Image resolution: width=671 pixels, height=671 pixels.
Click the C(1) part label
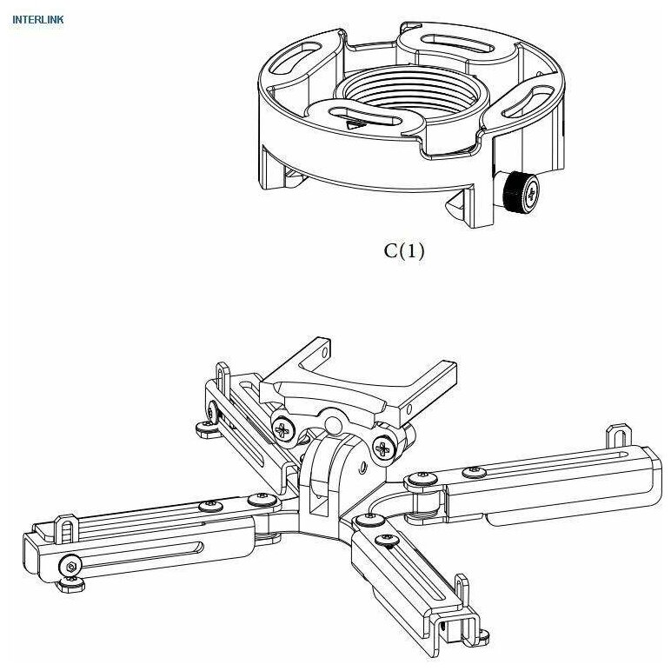point(404,252)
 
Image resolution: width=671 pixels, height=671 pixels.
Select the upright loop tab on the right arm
point(618,435)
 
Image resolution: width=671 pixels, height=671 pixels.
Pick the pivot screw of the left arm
point(258,499)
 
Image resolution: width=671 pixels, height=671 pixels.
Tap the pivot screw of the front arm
point(372,520)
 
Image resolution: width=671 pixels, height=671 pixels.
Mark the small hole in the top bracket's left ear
point(323,355)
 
